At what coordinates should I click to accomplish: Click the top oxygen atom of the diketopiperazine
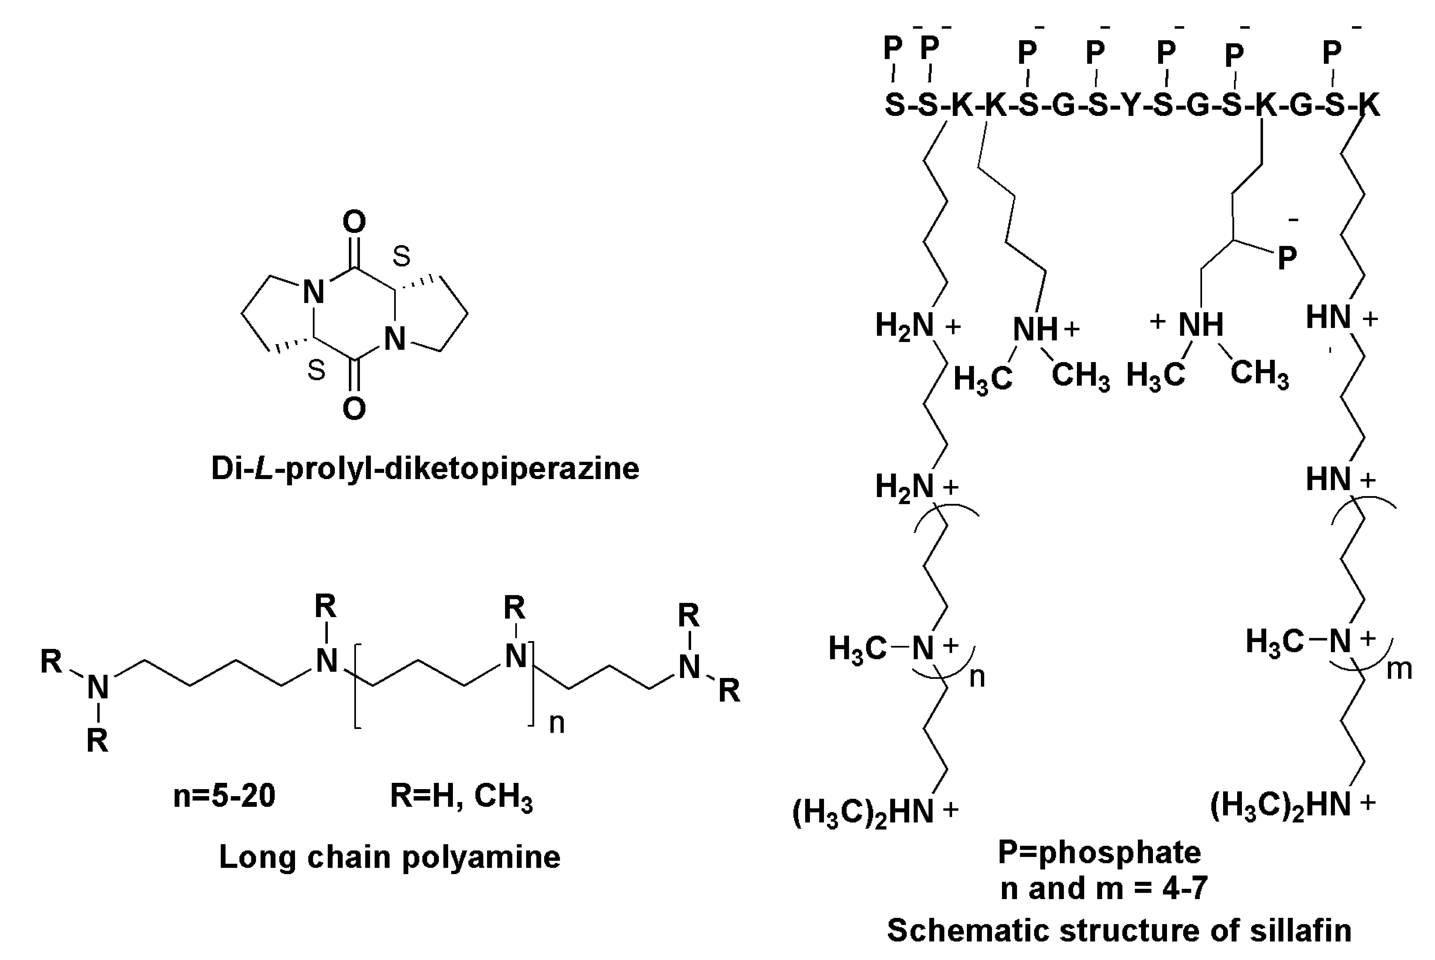354,221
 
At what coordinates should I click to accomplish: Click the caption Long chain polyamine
389,857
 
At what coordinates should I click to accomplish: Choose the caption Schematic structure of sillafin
1119,930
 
